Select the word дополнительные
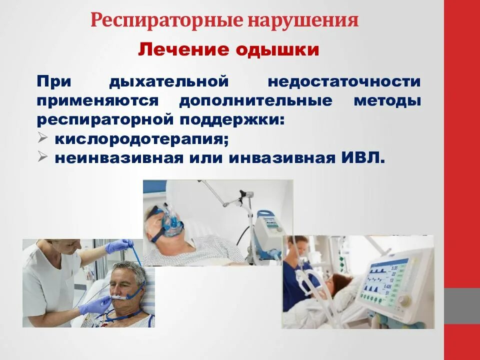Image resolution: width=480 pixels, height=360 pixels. (255, 100)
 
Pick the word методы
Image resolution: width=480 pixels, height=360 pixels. (387, 100)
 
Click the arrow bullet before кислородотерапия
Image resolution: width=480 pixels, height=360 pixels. (42, 138)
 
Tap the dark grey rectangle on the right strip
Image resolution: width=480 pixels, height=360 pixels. (462, 305)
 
